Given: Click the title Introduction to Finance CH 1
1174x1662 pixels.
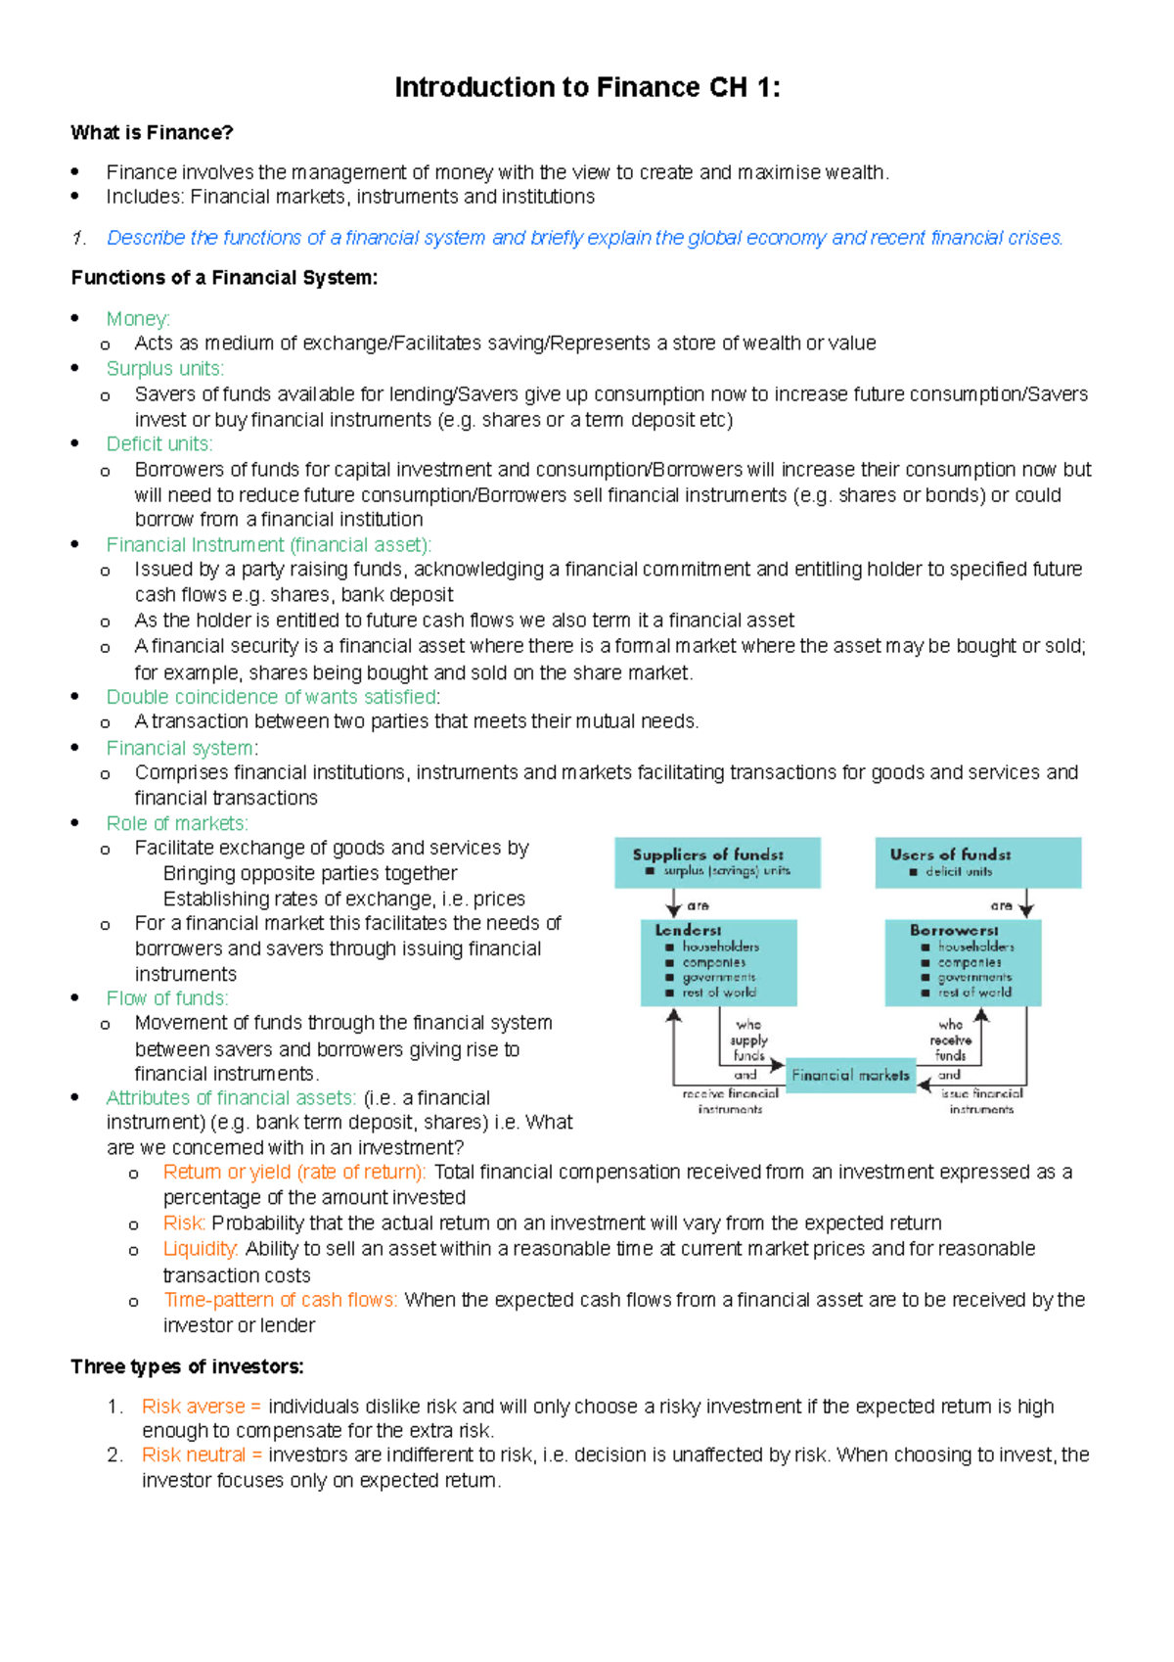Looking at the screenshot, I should pyautogui.click(x=587, y=88).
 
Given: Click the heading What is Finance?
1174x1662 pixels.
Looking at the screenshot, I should pyautogui.click(x=152, y=133).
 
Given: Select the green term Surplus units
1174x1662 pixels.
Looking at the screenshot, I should pyautogui.click(x=164, y=369).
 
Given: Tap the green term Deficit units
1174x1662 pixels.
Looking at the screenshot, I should pyautogui.click(x=158, y=444).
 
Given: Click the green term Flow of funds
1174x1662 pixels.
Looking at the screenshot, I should pyautogui.click(x=166, y=998).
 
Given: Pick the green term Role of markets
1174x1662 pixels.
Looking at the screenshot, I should pyautogui.click(x=176, y=824).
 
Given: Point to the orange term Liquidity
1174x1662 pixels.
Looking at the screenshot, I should pyautogui.click(x=200, y=1249).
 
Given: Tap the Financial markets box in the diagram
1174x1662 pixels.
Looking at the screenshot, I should pyautogui.click(x=850, y=1075).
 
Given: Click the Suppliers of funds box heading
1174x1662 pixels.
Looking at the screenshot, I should pyautogui.click(x=707, y=854).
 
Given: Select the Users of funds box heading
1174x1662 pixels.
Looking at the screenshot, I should pyautogui.click(x=950, y=854).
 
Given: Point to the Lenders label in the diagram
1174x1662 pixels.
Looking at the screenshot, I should pyautogui.click(x=688, y=930).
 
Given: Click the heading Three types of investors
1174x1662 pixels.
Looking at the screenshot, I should pyautogui.click(x=187, y=1366).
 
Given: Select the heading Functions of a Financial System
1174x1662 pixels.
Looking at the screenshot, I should pyautogui.click(x=224, y=278).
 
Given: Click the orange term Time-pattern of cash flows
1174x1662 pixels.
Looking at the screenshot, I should pyautogui.click(x=280, y=1300).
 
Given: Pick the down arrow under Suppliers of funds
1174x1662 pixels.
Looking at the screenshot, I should pyautogui.click(x=673, y=902).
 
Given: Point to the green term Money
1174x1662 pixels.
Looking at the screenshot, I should pyautogui.click(x=138, y=319).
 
